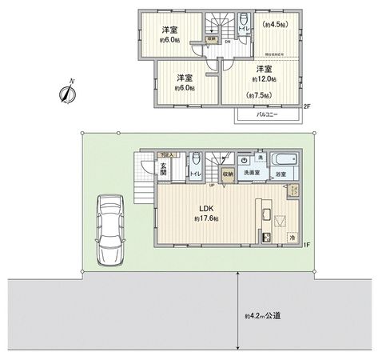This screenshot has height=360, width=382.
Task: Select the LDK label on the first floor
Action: pos(205,210)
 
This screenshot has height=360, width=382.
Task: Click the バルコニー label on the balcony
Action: pos(268,115)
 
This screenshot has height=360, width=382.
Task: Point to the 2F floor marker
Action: pos(307,106)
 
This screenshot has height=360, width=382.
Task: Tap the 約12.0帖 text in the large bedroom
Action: pos(264,79)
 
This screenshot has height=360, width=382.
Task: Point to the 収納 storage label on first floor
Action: pos(228,172)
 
